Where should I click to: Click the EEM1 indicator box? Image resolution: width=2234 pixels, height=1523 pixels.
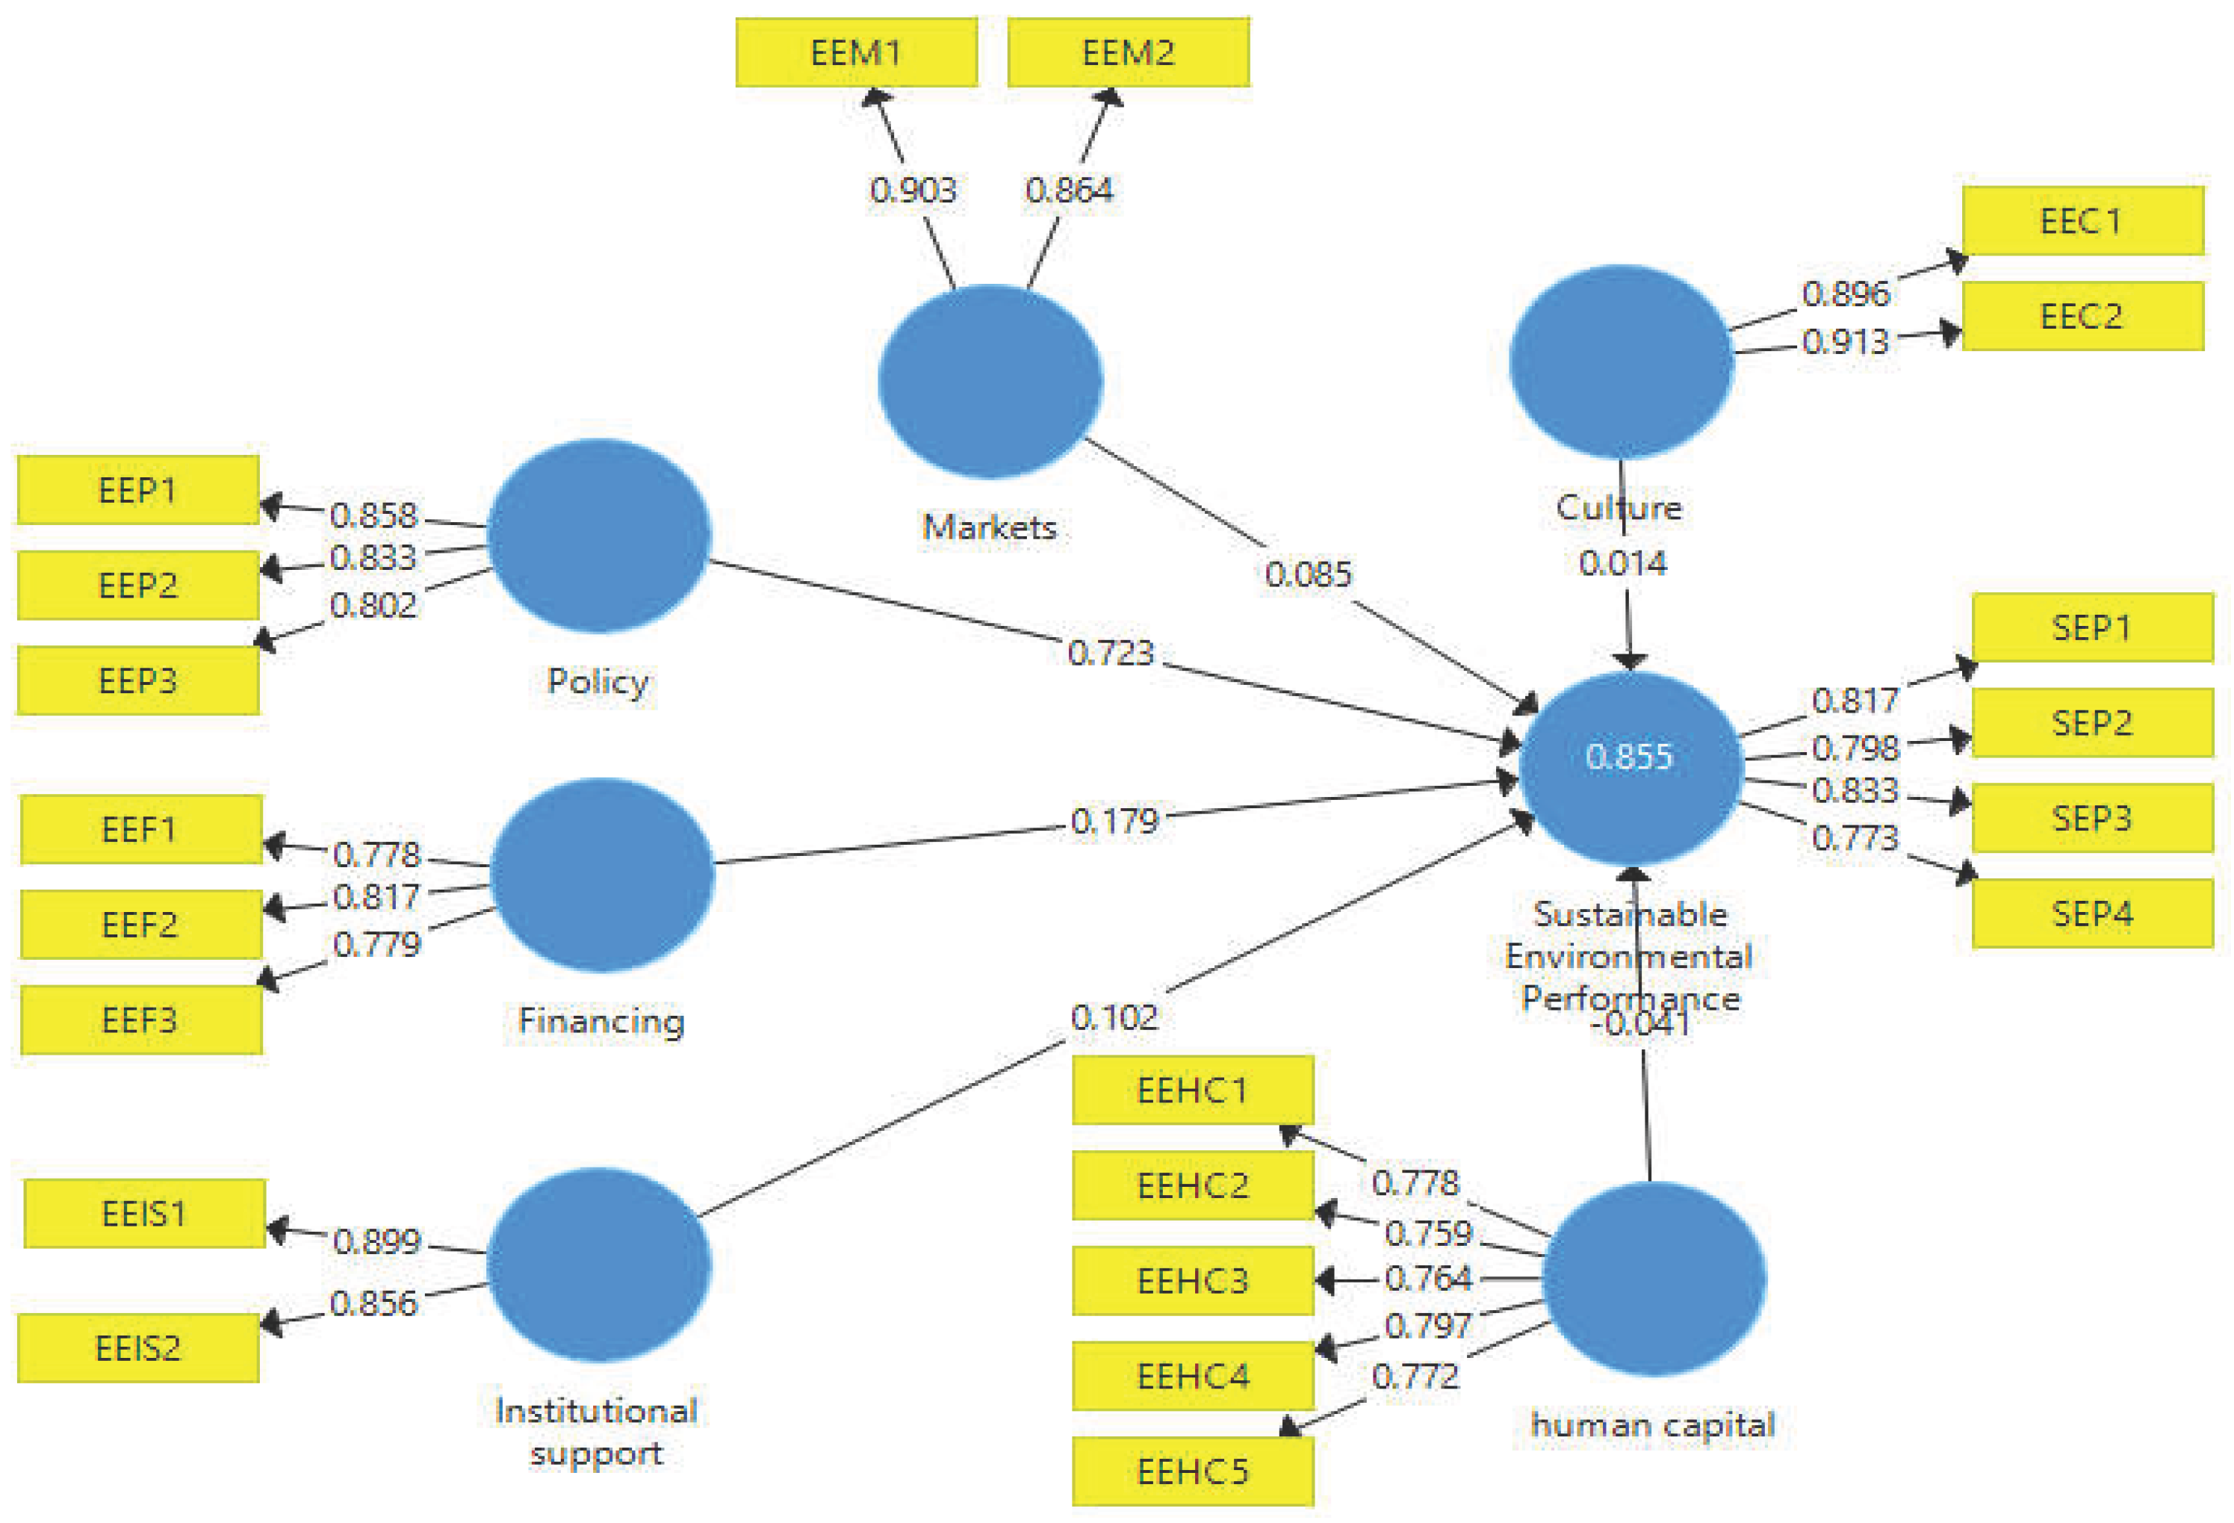[857, 53]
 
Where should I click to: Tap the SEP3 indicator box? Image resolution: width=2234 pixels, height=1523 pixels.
[2092, 818]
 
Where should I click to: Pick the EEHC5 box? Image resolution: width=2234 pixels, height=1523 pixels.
[1193, 1471]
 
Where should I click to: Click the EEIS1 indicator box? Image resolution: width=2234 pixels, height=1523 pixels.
[144, 1214]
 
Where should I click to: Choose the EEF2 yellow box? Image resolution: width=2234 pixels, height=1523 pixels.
[140, 925]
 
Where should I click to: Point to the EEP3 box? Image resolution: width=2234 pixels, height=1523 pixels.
[138, 680]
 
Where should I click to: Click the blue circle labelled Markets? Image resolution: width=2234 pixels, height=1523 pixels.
[990, 381]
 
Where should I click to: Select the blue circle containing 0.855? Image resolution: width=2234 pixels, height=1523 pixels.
[1629, 766]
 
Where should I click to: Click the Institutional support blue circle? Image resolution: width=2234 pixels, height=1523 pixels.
[599, 1265]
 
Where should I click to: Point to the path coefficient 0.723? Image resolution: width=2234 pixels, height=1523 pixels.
[1110, 653]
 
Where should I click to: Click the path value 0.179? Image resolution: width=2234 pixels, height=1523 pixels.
[1115, 821]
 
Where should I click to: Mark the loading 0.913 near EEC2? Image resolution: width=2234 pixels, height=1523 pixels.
[1845, 341]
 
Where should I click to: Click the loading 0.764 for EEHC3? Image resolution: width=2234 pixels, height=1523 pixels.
[1428, 1278]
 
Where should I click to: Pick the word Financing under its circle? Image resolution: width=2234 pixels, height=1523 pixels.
[601, 1020]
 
